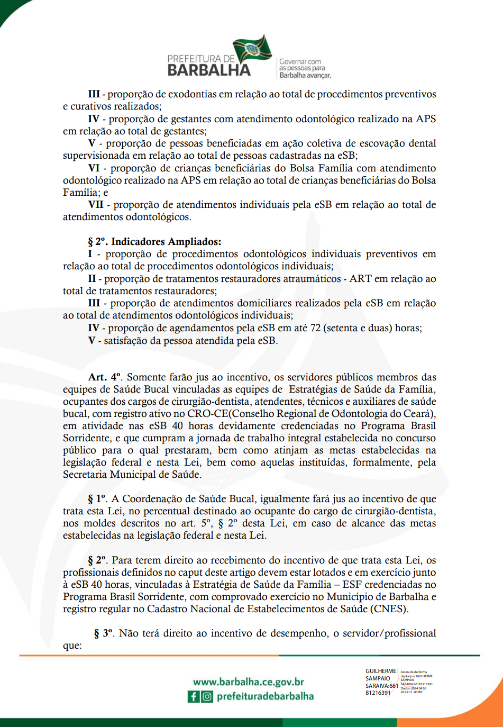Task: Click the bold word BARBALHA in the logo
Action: click(209, 70)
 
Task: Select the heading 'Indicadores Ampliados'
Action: click(166, 242)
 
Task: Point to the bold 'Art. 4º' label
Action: click(105, 377)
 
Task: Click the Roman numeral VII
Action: click(96, 205)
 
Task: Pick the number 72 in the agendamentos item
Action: click(315, 328)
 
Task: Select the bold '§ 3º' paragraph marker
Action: click(104, 633)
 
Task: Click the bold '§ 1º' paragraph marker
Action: click(97, 499)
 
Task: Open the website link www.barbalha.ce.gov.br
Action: click(248, 682)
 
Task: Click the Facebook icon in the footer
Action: click(194, 697)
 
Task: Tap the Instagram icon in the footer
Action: click(207, 697)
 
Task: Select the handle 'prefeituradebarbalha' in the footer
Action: click(265, 696)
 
